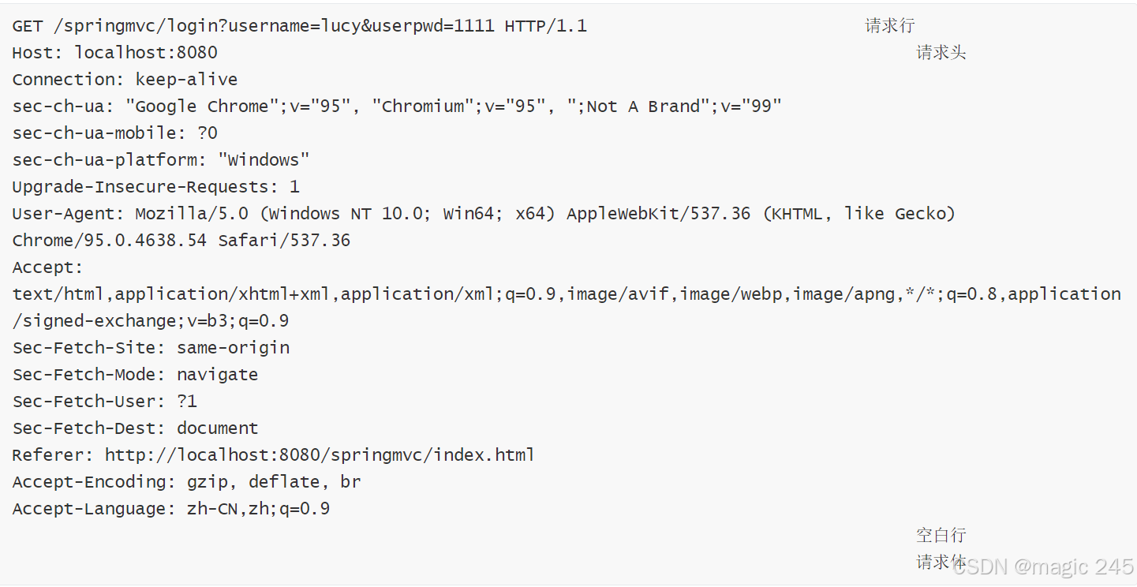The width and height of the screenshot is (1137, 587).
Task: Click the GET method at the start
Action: coord(28,26)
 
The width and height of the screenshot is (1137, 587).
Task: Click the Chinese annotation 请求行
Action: coord(889,26)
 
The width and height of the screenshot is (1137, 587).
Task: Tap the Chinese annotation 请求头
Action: coord(941,53)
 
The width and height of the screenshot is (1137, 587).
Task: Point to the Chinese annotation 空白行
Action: coord(941,535)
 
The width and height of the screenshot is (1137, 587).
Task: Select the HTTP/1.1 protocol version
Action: coord(545,26)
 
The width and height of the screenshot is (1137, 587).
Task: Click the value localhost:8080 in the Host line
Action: coord(146,53)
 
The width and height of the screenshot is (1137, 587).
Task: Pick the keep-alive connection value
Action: coord(186,80)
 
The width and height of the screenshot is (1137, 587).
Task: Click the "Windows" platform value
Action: coord(264,160)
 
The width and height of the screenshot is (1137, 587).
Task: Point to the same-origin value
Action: coord(233,348)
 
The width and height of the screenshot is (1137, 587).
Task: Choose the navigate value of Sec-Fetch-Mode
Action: coord(217,375)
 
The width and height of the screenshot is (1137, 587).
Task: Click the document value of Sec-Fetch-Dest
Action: coord(217,428)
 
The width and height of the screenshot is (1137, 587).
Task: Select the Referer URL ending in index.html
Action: coord(320,455)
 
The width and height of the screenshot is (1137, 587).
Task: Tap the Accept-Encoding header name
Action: coord(88,482)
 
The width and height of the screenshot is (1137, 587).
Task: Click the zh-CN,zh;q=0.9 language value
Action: coord(258,509)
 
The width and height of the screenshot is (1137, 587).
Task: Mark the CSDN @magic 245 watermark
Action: coord(1043,566)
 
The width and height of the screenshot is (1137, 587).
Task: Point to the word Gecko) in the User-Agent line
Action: coord(925,214)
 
